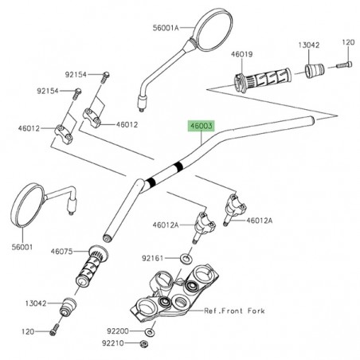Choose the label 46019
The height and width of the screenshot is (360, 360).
coord(242,56)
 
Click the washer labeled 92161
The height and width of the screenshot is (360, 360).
coord(184,258)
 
